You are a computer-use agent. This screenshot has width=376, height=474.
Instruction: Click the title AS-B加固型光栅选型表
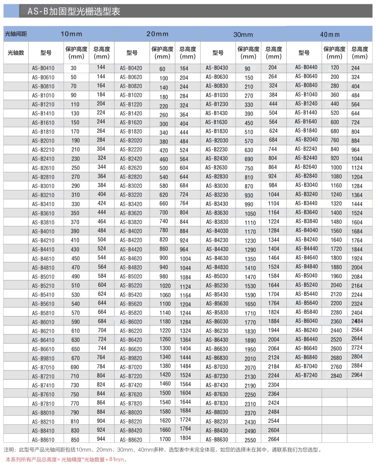pos(74,12)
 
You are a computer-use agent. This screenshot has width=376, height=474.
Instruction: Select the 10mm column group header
pos(71,34)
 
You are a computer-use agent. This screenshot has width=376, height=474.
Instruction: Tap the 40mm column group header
pos(330,35)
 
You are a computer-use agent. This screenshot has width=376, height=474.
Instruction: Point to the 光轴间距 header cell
pos(16,34)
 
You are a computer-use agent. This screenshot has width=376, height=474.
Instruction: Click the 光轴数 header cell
pos(16,53)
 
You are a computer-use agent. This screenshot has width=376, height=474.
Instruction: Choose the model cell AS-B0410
pos(43,68)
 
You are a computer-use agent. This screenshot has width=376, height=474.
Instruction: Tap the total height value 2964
pos(357,375)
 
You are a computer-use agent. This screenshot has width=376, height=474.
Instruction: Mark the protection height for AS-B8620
pos(165,439)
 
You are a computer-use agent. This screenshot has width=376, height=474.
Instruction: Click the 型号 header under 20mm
pos(132,53)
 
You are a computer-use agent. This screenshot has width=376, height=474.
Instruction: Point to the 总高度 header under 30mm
pos(273,53)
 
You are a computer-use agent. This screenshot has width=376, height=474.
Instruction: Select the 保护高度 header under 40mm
pos(334,53)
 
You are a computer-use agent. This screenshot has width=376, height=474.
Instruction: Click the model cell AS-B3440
pos(306,203)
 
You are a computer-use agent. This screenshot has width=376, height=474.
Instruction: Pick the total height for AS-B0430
pos(273,68)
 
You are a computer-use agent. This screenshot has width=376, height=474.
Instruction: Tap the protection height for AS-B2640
pos(336,167)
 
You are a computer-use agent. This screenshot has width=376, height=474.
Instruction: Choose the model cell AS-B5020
pos(131,276)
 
